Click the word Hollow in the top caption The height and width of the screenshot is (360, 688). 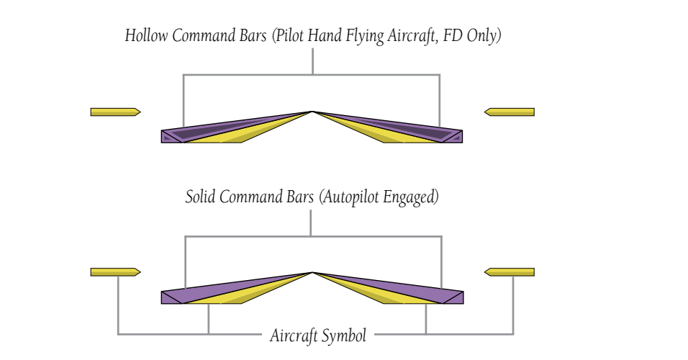tap(146, 37)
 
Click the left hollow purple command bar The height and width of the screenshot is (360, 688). tap(216, 130)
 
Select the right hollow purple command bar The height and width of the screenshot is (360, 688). tap(410, 130)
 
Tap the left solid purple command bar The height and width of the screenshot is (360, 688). tap(216, 290)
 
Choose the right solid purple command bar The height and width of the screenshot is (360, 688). tap(410, 290)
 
